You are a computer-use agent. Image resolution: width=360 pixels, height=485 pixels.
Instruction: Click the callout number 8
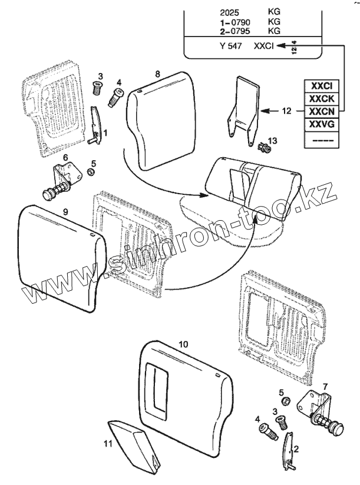click(x=157, y=74)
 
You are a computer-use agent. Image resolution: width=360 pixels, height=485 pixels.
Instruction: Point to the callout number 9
click(x=65, y=211)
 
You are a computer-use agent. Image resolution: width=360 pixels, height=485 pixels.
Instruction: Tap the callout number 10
click(x=183, y=343)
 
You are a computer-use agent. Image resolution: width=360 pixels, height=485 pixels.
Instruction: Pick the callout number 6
click(x=65, y=157)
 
